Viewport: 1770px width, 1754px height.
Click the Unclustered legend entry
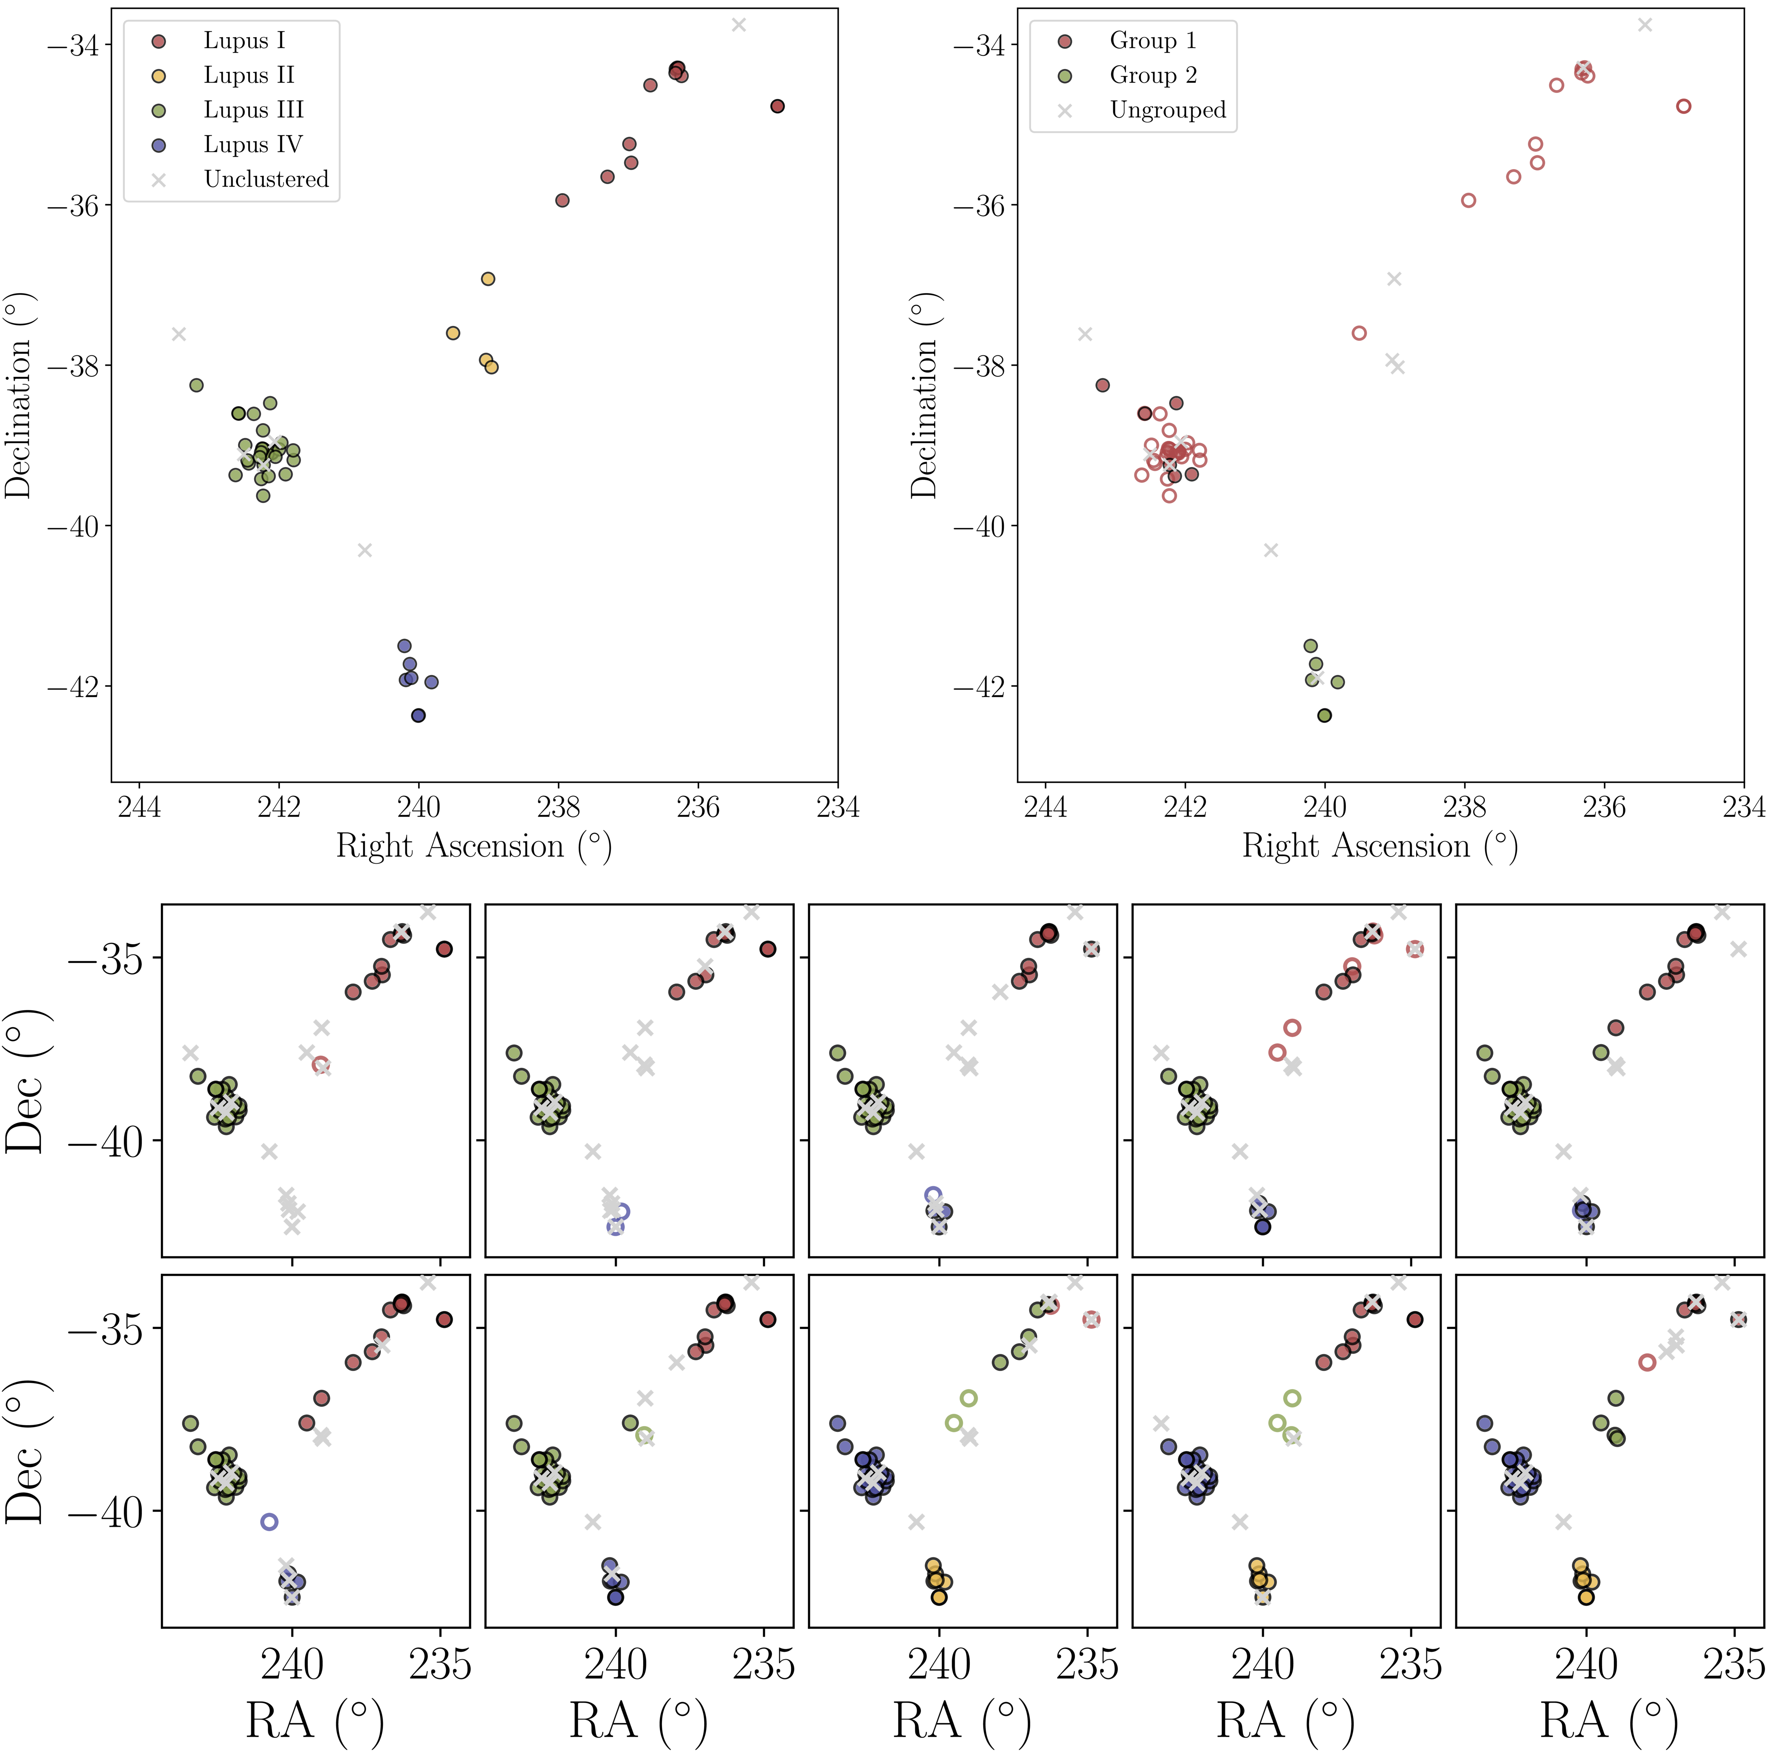pyautogui.click(x=265, y=179)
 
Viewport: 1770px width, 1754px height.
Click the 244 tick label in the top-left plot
pyautogui.click(x=139, y=808)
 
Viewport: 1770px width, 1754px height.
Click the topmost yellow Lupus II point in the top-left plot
pyautogui.click(x=488, y=278)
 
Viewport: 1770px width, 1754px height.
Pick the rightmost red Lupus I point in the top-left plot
pyautogui.click(x=778, y=106)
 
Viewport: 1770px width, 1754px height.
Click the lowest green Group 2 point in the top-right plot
pyautogui.click(x=1324, y=715)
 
